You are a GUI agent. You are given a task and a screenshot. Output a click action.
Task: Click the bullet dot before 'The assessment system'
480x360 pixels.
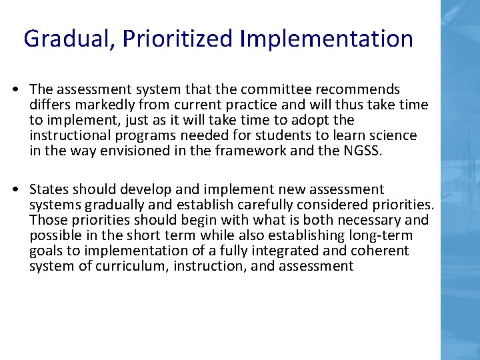point(15,89)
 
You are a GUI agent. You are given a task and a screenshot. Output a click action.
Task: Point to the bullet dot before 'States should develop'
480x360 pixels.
point(15,190)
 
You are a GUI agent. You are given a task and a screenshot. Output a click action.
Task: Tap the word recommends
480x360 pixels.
point(359,89)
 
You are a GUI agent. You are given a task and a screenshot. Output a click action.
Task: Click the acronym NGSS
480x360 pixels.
point(361,151)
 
